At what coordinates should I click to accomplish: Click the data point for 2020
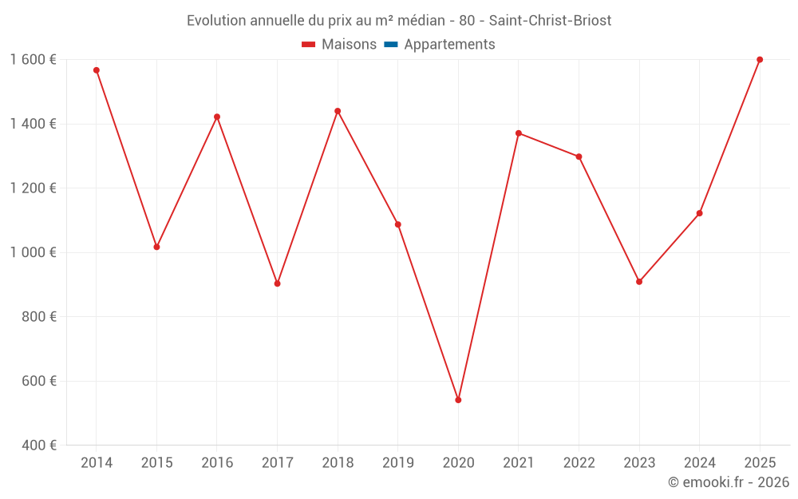[x=458, y=400]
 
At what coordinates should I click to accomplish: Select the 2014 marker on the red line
[x=97, y=70]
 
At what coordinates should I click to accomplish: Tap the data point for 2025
[x=760, y=60]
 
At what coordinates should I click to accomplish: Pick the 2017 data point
[x=277, y=283]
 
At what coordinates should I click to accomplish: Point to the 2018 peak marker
[x=338, y=111]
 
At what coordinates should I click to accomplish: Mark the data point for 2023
[x=639, y=282]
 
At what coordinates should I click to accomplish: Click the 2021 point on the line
[x=519, y=133]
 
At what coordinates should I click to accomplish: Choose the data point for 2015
[x=156, y=247]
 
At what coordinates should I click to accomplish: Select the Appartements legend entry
[x=449, y=45]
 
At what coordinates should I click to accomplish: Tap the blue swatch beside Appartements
[x=391, y=45]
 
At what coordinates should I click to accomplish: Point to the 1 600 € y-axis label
[x=33, y=60]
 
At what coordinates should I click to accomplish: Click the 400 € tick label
[x=38, y=446]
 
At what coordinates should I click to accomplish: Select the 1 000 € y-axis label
[x=33, y=252]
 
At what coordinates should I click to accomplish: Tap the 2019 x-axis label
[x=398, y=463]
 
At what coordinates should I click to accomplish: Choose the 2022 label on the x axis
[x=579, y=463]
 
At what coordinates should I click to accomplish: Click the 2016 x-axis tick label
[x=217, y=463]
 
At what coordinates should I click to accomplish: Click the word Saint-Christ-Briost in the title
[x=550, y=21]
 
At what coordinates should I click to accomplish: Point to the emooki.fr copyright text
[x=729, y=482]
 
